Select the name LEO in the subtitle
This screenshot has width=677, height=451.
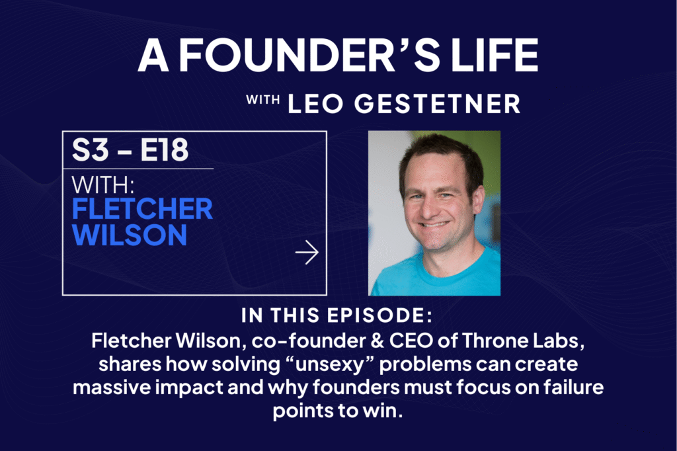[315, 104]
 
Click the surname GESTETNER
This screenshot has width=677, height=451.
[438, 104]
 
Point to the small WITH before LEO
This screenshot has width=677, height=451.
[263, 100]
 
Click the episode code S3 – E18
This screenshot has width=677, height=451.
[130, 150]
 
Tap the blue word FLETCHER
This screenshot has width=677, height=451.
[143, 209]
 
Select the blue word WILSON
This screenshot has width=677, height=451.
[130, 235]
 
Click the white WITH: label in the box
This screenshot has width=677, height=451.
[103, 185]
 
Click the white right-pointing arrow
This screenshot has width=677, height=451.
[307, 253]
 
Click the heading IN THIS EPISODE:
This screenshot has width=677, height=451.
[337, 315]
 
